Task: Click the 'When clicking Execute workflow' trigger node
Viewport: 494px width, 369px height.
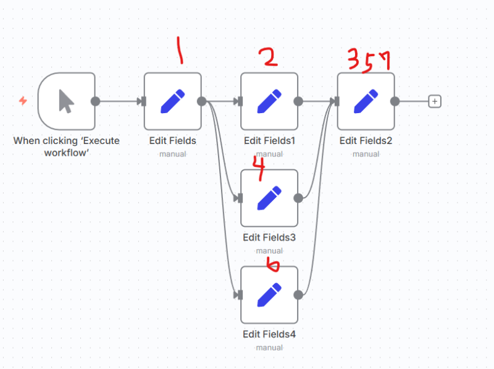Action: point(66,101)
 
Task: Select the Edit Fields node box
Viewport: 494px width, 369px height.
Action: point(172,101)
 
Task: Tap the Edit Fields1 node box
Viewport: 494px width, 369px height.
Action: point(269,101)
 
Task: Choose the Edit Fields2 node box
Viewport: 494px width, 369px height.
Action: point(366,101)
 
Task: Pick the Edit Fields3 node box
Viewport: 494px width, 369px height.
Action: point(269,198)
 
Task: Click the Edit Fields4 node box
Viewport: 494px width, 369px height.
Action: point(269,295)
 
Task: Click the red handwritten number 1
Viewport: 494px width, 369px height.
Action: point(180,51)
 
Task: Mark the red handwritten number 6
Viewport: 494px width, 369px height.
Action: point(272,265)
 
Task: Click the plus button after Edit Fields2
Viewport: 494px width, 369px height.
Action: point(435,101)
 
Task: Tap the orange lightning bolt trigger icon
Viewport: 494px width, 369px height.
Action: point(23,100)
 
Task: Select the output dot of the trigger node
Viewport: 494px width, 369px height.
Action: point(95,101)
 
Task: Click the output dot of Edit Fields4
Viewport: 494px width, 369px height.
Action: point(298,295)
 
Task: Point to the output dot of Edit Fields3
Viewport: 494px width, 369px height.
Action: point(298,198)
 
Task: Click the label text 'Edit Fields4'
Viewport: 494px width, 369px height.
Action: point(269,334)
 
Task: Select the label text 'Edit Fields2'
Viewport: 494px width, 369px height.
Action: point(366,141)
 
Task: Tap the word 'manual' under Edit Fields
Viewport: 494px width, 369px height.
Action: point(172,154)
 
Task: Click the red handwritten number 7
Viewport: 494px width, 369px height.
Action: point(384,59)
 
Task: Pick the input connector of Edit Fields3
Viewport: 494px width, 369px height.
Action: point(240,198)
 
